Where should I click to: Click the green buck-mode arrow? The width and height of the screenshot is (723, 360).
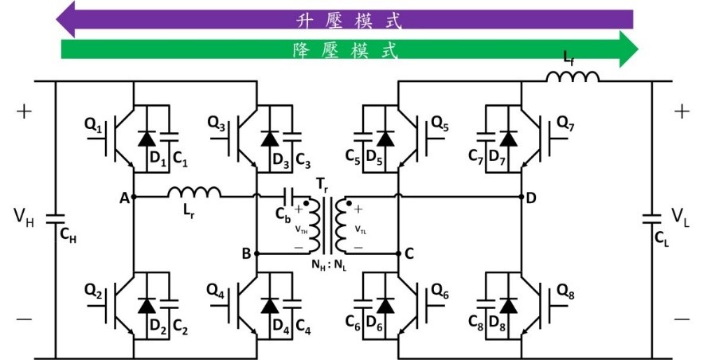pos(350,49)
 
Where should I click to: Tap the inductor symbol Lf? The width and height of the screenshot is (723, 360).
pos(573,76)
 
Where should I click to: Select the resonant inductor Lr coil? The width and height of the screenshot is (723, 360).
pos(194,192)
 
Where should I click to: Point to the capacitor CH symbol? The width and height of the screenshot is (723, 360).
pos(55,219)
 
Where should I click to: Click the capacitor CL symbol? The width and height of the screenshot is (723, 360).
pos(652,219)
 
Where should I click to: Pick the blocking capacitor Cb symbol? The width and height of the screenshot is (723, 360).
pos(292,197)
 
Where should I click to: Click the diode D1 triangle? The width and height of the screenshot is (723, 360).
pos(147,139)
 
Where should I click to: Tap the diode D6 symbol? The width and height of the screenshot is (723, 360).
pos(385,306)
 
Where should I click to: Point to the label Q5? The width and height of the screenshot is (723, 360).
pos(439,123)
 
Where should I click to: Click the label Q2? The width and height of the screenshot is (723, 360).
pos(94,290)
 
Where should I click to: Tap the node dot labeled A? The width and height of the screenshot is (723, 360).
pos(134,197)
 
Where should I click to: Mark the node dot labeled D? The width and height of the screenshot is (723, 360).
pos(522,197)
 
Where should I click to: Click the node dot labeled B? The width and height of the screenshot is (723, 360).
pos(257,253)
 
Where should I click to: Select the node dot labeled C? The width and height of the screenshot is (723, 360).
pos(398,253)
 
